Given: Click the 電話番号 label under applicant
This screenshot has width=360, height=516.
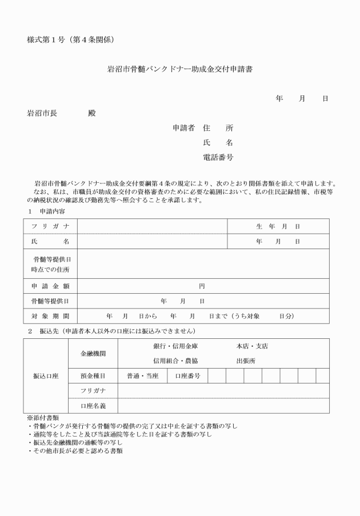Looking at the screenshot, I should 218,157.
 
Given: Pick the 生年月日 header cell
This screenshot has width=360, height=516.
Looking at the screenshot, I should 278,226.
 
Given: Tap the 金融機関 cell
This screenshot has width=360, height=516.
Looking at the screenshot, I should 93,353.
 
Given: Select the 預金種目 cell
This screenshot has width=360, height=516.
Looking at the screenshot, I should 93,375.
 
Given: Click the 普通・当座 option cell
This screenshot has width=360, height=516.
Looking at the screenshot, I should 142,375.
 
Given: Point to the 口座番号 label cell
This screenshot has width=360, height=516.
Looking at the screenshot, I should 187,375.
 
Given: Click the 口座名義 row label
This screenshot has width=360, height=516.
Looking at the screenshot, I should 93,405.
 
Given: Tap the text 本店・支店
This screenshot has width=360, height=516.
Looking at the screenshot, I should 252,346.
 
